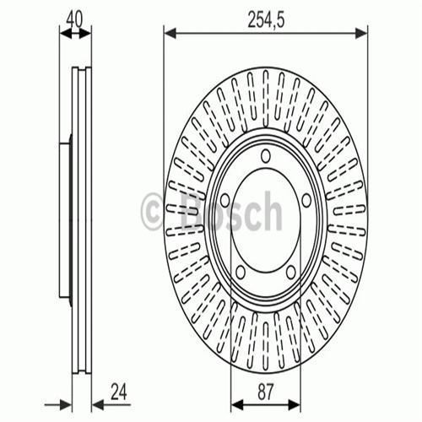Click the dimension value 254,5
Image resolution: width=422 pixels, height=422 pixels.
tap(266, 16)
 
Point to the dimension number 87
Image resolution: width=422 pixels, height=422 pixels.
tap(266, 391)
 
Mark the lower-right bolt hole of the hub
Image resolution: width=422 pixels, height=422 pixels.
tap(289, 272)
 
